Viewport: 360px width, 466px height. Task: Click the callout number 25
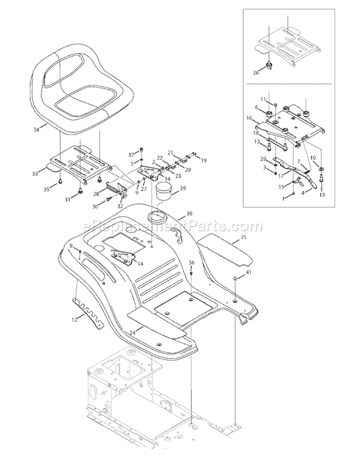243,237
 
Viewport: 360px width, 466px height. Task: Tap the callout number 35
46,190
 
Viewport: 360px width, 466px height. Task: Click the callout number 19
203,160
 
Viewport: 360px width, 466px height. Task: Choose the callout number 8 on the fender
71,246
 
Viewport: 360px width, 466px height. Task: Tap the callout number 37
130,154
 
